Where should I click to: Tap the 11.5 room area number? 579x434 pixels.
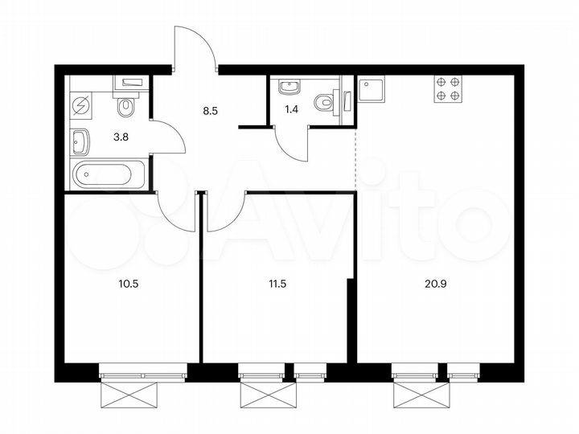279,282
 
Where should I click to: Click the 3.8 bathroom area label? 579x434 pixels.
120,137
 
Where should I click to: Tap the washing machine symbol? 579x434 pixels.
83,106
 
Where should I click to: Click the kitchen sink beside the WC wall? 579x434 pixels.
372,89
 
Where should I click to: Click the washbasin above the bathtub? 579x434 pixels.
81,143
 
